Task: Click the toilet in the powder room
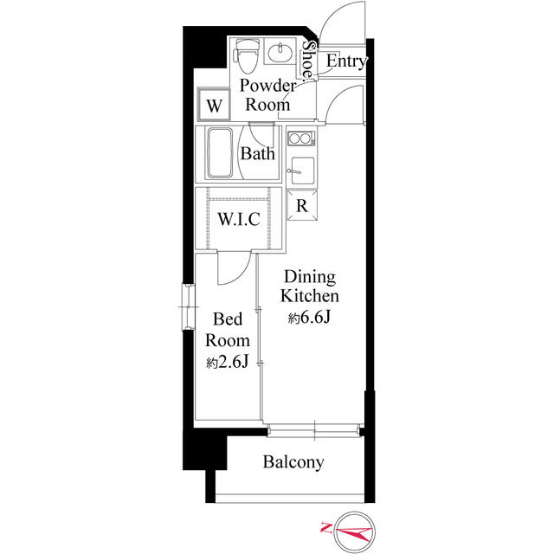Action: pos(247,55)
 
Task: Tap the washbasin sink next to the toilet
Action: pos(280,53)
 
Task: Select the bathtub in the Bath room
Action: pos(220,152)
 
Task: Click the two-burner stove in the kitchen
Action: pos(301,138)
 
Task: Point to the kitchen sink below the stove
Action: pos(302,171)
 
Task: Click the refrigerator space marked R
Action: pos(302,205)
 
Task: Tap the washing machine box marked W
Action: pos(214,105)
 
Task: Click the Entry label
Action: pos(346,61)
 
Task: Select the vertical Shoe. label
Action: pos(308,60)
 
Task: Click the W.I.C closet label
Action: pos(239,219)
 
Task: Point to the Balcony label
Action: pos(293,462)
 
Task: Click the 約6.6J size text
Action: pos(310,318)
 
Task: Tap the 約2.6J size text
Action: pos(228,362)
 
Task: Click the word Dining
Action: pos(310,277)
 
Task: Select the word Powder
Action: pos(267,86)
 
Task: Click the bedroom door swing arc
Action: pos(240,274)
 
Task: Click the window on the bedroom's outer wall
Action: pos(188,307)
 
